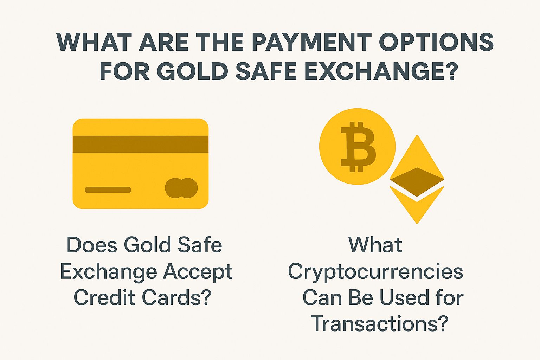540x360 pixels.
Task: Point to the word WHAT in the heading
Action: (x=94, y=42)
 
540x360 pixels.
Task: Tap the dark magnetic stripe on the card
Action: (x=140, y=144)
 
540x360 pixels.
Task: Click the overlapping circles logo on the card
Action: (x=181, y=188)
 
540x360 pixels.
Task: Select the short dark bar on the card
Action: (x=108, y=190)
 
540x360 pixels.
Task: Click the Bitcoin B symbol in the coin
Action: (x=358, y=147)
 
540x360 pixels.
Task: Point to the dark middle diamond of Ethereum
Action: (x=417, y=182)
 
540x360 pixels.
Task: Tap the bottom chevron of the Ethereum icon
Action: (x=417, y=207)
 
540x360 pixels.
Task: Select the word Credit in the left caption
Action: (x=105, y=297)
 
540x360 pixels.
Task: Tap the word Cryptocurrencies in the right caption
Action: (x=375, y=272)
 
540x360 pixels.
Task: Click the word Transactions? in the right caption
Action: (x=380, y=323)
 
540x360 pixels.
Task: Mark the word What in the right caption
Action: (x=375, y=245)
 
